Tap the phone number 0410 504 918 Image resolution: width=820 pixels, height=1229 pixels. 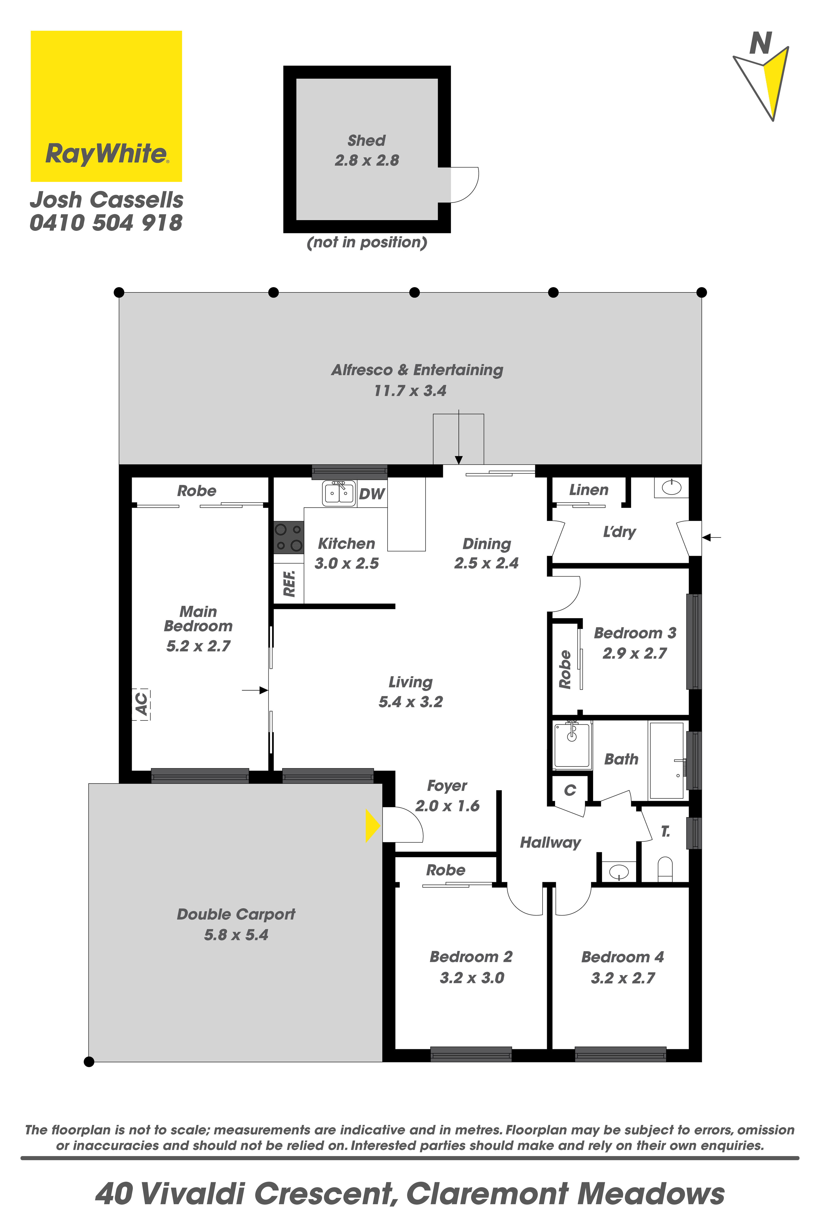pos(106,223)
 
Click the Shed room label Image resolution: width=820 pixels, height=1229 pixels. pos(367,141)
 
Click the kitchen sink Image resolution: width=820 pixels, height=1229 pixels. pos(339,493)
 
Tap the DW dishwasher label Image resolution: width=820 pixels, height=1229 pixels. pos(372,494)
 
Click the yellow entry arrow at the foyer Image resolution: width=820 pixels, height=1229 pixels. pos(372,825)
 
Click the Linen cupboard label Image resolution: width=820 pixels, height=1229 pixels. pos(589,490)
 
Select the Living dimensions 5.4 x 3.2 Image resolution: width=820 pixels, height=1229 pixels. pos(411,702)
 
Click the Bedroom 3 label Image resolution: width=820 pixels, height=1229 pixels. pos(635,633)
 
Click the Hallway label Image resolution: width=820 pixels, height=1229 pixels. pos(550,842)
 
